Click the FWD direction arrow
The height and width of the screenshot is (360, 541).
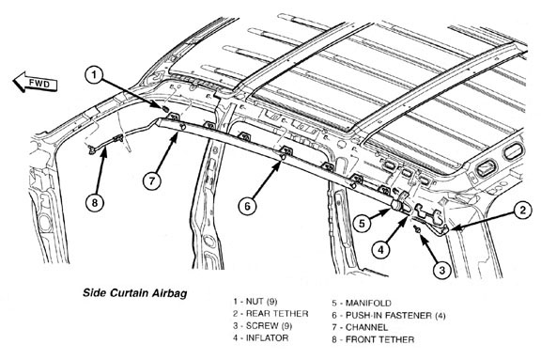coord(35,83)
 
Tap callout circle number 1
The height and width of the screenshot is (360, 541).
coord(95,75)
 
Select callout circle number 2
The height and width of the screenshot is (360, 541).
coord(523,210)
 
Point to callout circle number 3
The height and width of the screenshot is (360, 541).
coord(442,270)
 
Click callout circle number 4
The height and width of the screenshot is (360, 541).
coord(381,249)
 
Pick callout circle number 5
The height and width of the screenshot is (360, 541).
coord(362,224)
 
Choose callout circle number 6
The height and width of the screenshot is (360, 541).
coord(247,206)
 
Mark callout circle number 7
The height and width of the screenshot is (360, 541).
coord(152,180)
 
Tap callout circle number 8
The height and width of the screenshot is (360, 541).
coord(95,203)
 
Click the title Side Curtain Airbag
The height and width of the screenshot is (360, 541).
coord(135,293)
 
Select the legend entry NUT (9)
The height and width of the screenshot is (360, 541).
coord(255,302)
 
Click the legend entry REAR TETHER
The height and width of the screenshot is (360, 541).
coord(270,313)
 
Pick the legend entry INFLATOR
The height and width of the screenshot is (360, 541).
coord(260,337)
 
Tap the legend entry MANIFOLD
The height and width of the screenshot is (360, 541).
coord(362,303)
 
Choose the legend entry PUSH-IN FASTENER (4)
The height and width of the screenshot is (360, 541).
coord(389,315)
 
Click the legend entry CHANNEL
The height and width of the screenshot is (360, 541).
coord(360,327)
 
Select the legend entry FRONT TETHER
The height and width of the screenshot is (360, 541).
coord(373,339)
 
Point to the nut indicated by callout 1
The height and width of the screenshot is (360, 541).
coord(165,109)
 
